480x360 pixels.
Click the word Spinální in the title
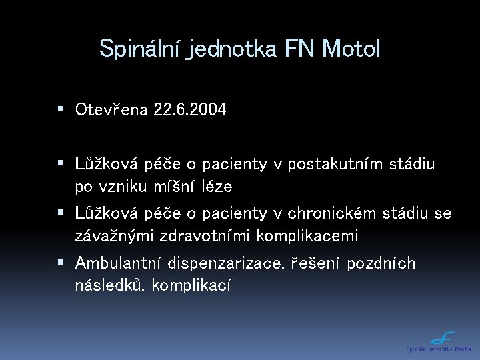[141, 48]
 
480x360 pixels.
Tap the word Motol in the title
[351, 48]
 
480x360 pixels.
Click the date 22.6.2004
[189, 109]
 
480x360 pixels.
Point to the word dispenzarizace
[227, 264]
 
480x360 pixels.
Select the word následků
[109, 285]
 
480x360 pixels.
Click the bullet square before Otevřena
[61, 109]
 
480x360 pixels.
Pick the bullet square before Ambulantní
[61, 263]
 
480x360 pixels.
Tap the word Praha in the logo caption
[464, 349]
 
